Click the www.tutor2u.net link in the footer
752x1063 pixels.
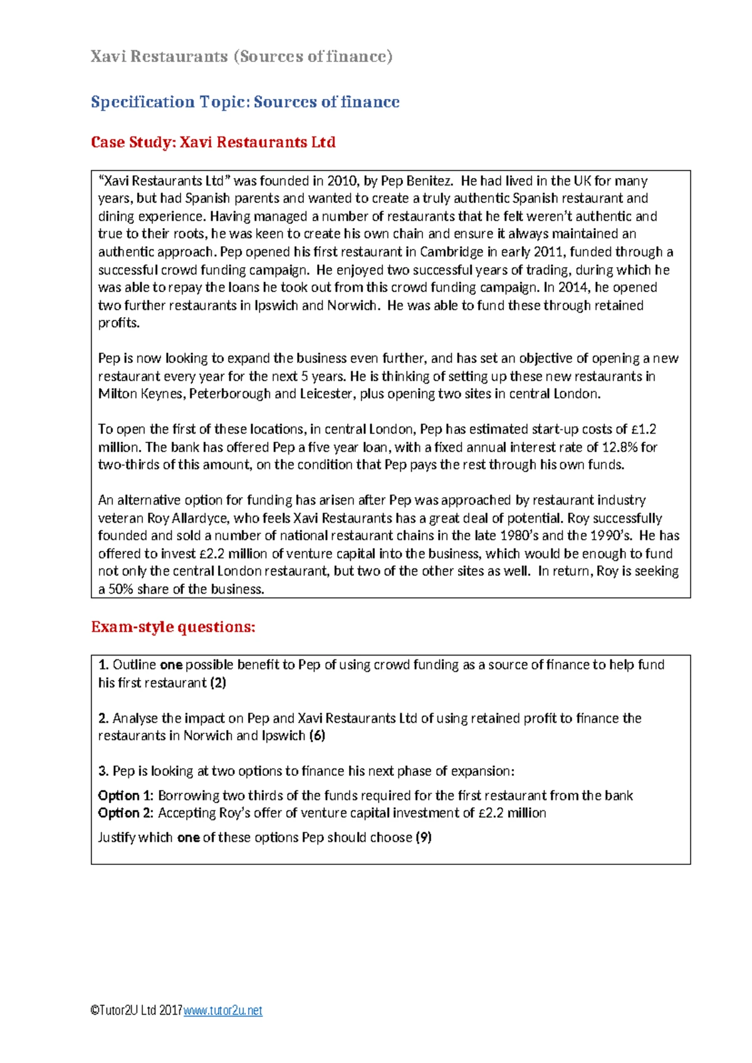click(222, 1010)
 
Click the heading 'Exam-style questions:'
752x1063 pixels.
click(173, 627)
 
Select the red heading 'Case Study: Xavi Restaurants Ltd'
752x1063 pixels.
click(213, 142)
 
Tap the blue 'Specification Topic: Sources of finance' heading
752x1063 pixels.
click(245, 102)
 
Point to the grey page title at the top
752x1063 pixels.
click(241, 56)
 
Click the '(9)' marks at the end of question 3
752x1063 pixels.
click(424, 837)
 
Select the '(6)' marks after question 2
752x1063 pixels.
click(317, 735)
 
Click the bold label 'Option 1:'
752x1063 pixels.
click(125, 795)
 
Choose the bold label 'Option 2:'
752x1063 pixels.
click(125, 813)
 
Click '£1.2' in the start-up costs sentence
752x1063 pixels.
click(644, 429)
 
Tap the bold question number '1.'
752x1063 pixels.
click(103, 665)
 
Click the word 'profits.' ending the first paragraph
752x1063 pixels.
click(118, 323)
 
